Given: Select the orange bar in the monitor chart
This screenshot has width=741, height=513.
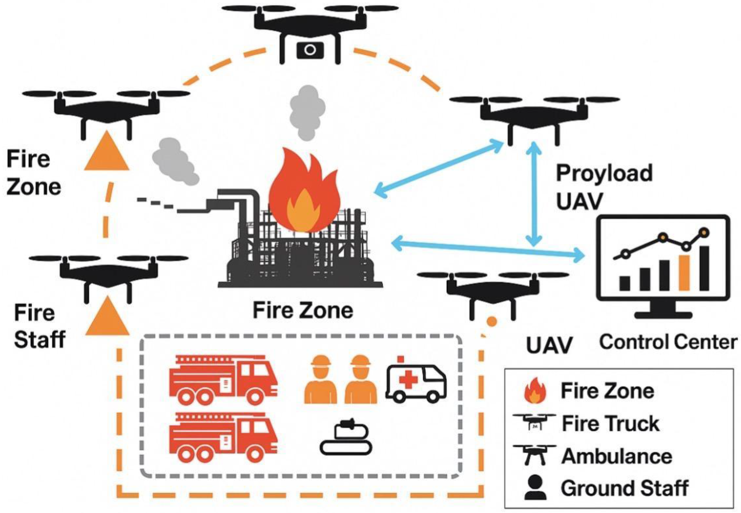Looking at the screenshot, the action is click(684, 273).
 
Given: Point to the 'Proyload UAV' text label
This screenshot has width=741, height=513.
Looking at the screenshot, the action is click(604, 187).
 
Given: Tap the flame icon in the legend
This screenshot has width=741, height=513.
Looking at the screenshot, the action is click(535, 391).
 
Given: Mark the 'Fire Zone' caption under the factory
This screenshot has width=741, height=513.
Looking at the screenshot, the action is click(303, 311).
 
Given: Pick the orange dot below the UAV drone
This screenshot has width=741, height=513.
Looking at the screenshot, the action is click(492, 321).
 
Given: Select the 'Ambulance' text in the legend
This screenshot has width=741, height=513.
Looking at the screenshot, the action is click(617, 456).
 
